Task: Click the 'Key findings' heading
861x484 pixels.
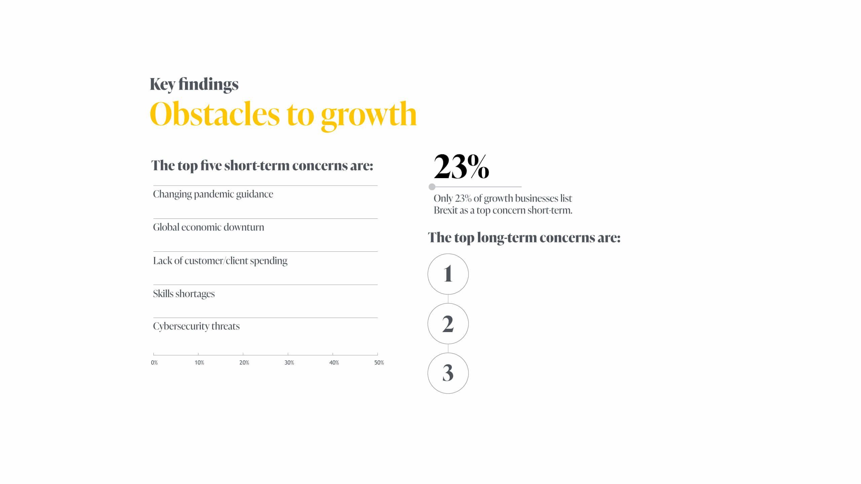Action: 194,84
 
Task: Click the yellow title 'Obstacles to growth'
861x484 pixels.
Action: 283,115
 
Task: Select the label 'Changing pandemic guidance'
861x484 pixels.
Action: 213,194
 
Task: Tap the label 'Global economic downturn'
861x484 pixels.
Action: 209,227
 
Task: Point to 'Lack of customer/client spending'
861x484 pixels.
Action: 220,261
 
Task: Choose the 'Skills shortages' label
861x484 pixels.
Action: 184,294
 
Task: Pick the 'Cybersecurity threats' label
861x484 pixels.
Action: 196,326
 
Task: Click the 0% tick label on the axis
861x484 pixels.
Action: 154,363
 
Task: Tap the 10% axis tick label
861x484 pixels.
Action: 199,363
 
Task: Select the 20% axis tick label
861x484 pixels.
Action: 244,363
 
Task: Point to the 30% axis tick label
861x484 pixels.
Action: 289,363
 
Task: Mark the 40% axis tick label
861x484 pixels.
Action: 334,363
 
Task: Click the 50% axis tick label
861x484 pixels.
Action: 379,363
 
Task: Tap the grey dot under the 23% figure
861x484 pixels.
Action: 432,187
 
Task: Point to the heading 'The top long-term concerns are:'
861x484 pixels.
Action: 524,238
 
